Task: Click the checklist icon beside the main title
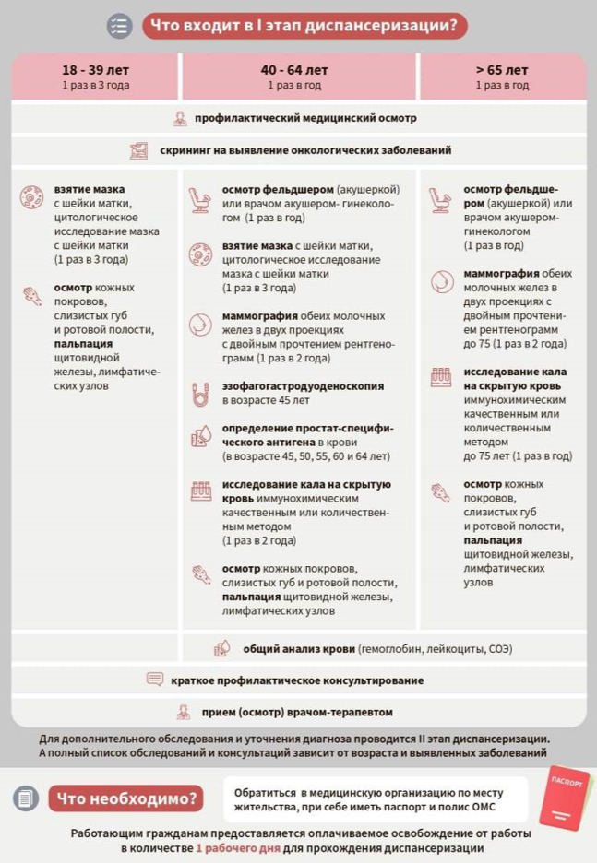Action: (x=120, y=26)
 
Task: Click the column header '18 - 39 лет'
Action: (x=95, y=70)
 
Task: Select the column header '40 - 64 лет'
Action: (x=293, y=70)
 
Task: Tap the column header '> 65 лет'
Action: (x=502, y=70)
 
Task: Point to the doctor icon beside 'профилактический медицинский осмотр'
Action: (x=180, y=119)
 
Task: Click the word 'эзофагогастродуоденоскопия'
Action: (x=303, y=386)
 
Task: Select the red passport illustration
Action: (x=564, y=797)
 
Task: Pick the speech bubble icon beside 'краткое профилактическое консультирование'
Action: (x=155, y=680)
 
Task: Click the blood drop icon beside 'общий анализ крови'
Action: (x=221, y=648)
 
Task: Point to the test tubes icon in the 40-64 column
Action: (x=200, y=491)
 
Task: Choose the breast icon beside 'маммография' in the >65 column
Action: (x=441, y=280)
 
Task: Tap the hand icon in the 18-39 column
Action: (x=32, y=296)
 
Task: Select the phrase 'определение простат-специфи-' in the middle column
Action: (x=307, y=429)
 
